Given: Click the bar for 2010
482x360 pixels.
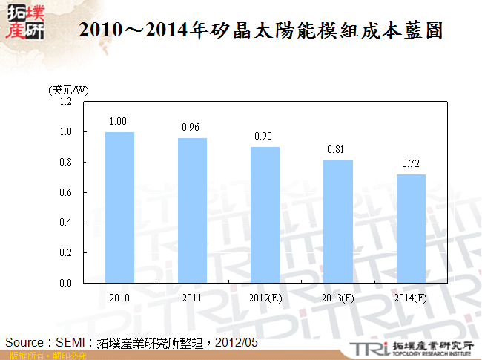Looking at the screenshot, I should pyautogui.click(x=119, y=207).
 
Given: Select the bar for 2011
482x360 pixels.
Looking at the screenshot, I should pyautogui.click(x=192, y=210).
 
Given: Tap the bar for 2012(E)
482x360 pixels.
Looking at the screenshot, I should pyautogui.click(x=265, y=215).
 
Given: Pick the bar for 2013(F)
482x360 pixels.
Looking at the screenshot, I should pyautogui.click(x=337, y=221).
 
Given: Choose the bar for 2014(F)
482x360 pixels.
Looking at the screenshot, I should pyautogui.click(x=410, y=228).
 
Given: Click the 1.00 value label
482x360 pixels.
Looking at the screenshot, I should pyautogui.click(x=118, y=121).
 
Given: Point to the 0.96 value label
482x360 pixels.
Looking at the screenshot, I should pyautogui.click(x=191, y=127).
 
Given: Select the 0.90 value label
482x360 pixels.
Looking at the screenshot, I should pyautogui.click(x=263, y=136).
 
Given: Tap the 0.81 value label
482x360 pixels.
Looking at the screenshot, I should pyautogui.click(x=336, y=149).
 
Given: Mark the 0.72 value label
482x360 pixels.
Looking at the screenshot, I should pyautogui.click(x=409, y=163).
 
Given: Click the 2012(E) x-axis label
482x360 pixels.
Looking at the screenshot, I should pyautogui.click(x=265, y=298).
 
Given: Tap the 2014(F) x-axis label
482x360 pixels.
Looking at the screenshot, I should pyautogui.click(x=410, y=298).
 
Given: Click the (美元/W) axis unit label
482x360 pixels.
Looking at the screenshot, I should pyautogui.click(x=67, y=89).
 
